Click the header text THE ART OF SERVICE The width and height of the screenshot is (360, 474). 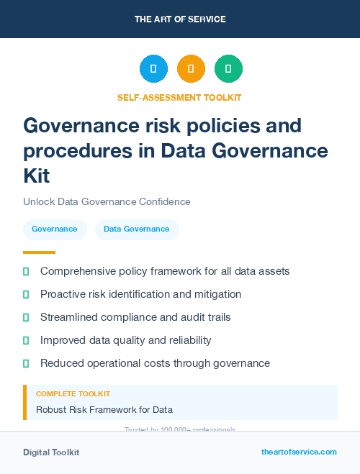pyautogui.click(x=180, y=19)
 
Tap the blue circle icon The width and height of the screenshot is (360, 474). pyautogui.click(x=153, y=69)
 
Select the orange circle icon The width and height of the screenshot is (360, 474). pyautogui.click(x=191, y=69)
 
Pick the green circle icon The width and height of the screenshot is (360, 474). pyautogui.click(x=228, y=69)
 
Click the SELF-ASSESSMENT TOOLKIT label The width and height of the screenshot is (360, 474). pyautogui.click(x=179, y=97)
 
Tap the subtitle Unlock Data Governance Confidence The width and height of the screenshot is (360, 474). pyautogui.click(x=107, y=202)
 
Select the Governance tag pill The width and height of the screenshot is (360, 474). pyautogui.click(x=55, y=229)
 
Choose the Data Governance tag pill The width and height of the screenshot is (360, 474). pyautogui.click(x=137, y=229)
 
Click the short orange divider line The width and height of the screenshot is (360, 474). pyautogui.click(x=39, y=252)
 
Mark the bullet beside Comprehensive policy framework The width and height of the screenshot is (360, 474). pyautogui.click(x=26, y=272)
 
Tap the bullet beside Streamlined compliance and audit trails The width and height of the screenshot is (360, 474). pyautogui.click(x=26, y=317)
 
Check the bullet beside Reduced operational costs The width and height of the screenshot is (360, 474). pyautogui.click(x=26, y=363)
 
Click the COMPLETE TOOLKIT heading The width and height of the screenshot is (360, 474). pyautogui.click(x=73, y=394)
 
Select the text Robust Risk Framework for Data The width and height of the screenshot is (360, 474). pyautogui.click(x=104, y=410)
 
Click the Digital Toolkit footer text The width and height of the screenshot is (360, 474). pyautogui.click(x=51, y=452)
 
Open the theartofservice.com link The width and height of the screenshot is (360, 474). pyautogui.click(x=299, y=452)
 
